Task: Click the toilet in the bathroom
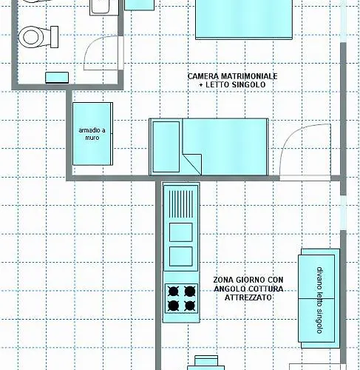(x=38, y=37)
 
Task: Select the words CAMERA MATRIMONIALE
(x=232, y=76)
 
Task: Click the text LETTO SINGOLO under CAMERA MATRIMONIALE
(x=236, y=84)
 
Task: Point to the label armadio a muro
(x=92, y=134)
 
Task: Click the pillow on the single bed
(x=166, y=147)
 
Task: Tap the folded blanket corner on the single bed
(x=192, y=164)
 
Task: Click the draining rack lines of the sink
(x=181, y=204)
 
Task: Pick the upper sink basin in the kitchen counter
(x=181, y=232)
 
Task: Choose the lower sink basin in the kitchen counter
(x=181, y=257)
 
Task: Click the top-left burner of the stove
(x=173, y=292)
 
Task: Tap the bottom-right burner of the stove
(x=190, y=306)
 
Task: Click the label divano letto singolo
(x=319, y=300)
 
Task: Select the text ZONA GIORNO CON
(x=248, y=280)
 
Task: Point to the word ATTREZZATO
(x=248, y=297)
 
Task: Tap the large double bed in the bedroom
(x=244, y=19)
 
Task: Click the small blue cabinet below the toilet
(x=57, y=78)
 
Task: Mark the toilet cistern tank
(x=55, y=37)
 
